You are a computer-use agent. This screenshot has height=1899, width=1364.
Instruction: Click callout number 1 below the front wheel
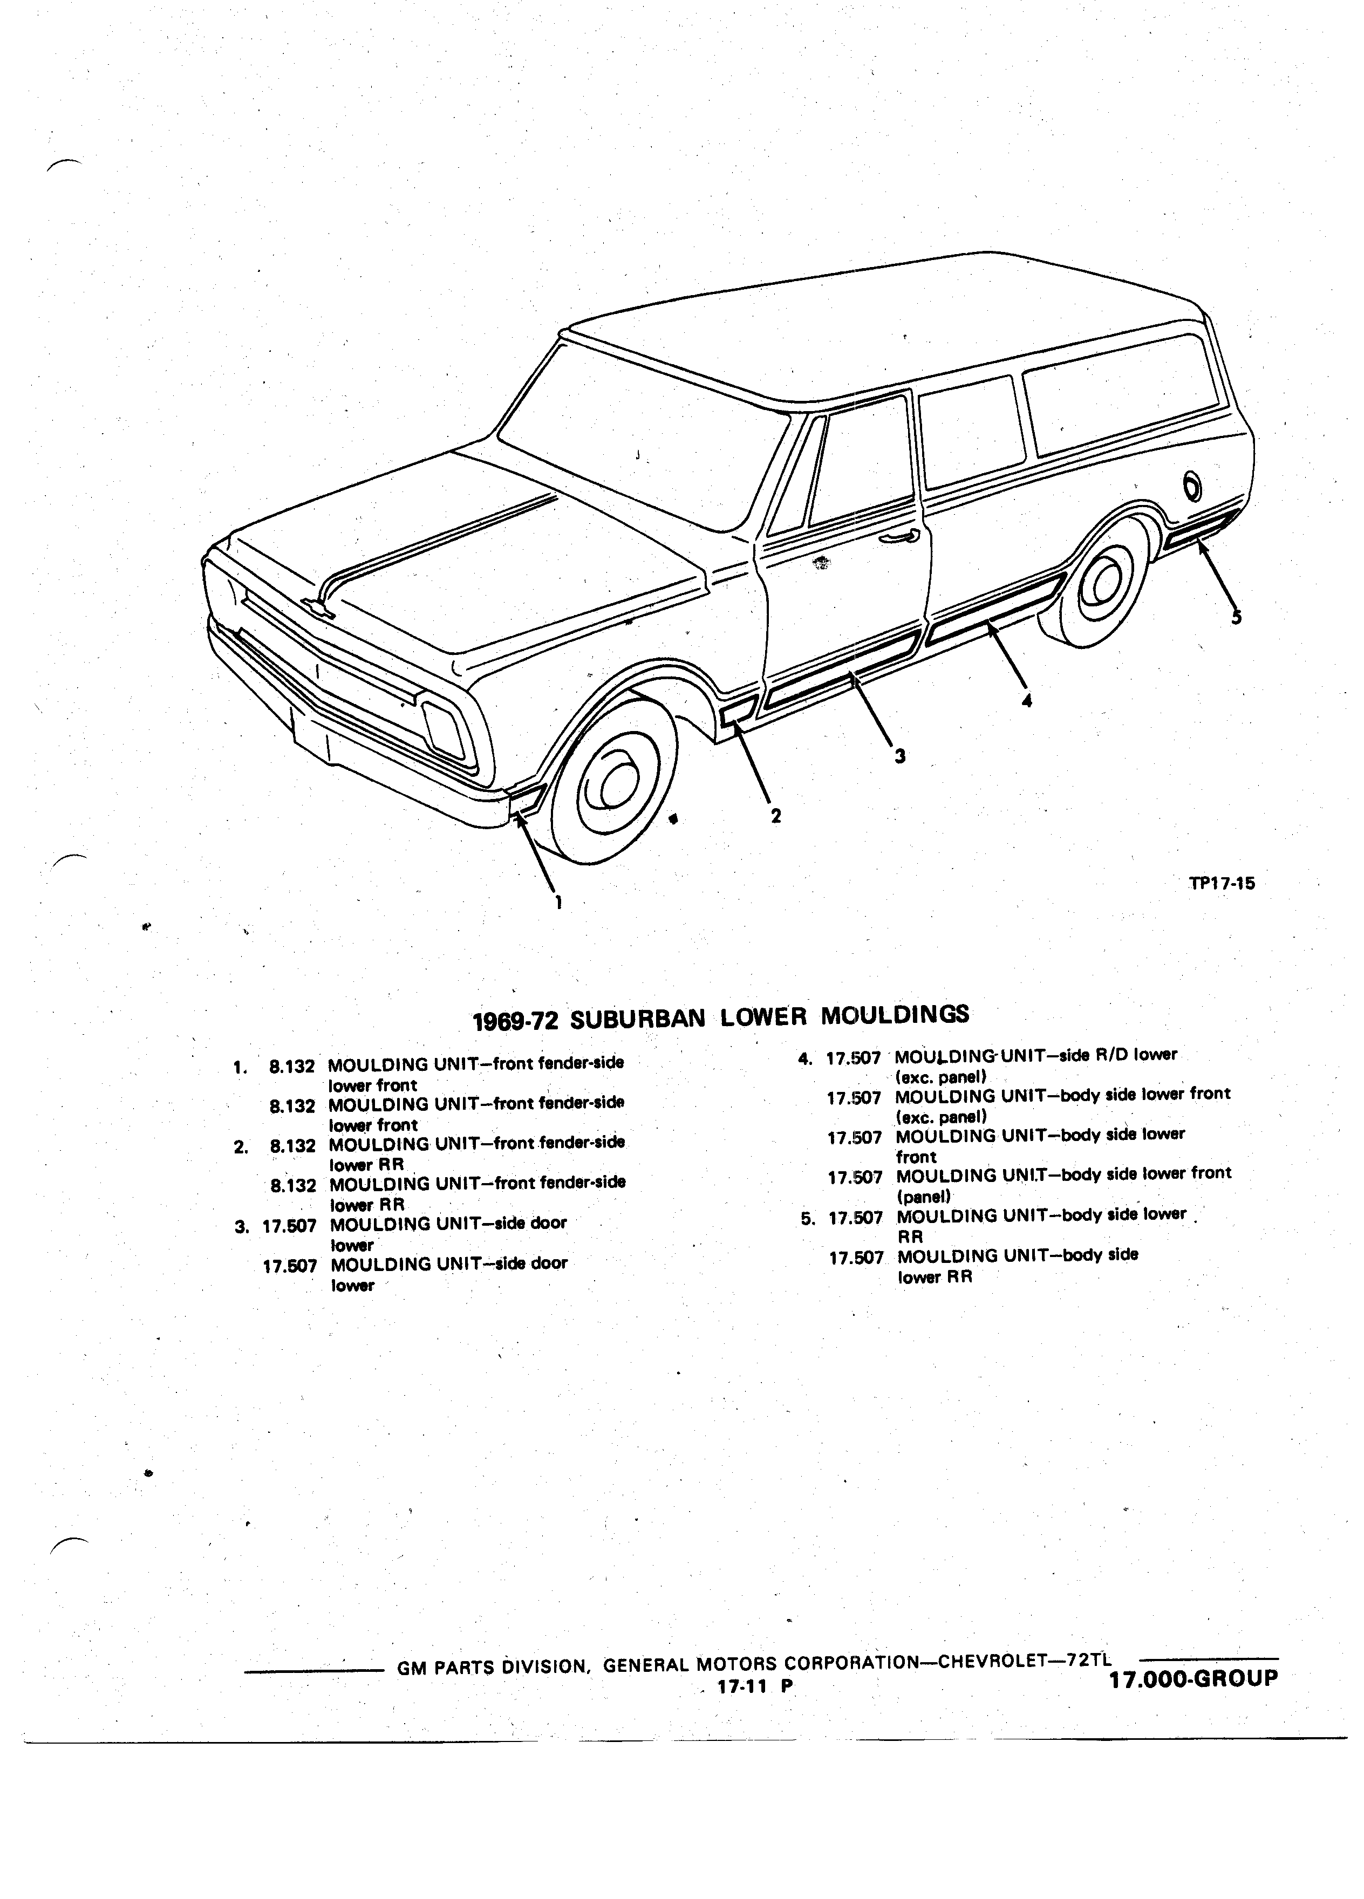[x=558, y=902]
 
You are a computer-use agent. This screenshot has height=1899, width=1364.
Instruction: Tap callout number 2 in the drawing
[x=776, y=816]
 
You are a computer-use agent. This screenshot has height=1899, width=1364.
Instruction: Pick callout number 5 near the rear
[x=1237, y=617]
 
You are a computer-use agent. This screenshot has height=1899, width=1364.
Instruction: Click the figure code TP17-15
[x=1222, y=883]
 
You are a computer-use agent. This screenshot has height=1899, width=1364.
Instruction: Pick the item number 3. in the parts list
[x=242, y=1227]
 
